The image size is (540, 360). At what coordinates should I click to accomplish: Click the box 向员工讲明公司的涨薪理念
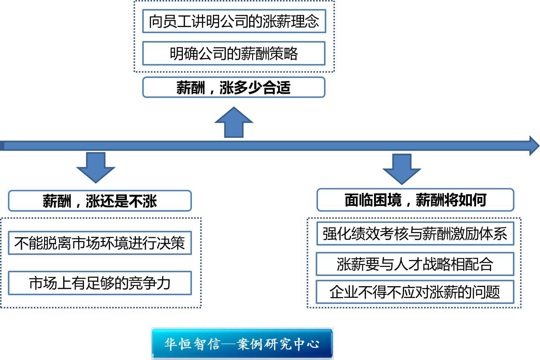click(x=234, y=21)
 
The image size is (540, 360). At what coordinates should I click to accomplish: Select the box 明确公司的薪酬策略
click(x=234, y=53)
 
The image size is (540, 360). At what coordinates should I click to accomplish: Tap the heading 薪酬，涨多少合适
click(x=234, y=87)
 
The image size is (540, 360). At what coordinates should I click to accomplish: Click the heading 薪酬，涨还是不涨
click(x=100, y=201)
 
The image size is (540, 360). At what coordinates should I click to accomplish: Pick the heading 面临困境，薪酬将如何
click(x=415, y=200)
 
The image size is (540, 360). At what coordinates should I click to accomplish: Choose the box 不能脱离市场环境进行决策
click(x=100, y=243)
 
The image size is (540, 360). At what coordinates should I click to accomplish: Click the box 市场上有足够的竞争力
click(x=100, y=283)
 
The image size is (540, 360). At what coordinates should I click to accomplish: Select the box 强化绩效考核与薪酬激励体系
click(x=415, y=234)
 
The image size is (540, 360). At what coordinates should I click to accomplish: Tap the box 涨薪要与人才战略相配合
click(x=415, y=264)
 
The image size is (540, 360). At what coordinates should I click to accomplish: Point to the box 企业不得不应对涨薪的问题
click(x=415, y=292)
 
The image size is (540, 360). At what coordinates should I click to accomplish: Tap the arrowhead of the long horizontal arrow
click(x=534, y=146)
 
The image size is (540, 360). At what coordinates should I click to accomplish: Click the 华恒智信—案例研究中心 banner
click(x=242, y=343)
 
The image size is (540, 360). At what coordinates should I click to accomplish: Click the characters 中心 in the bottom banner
click(x=307, y=343)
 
